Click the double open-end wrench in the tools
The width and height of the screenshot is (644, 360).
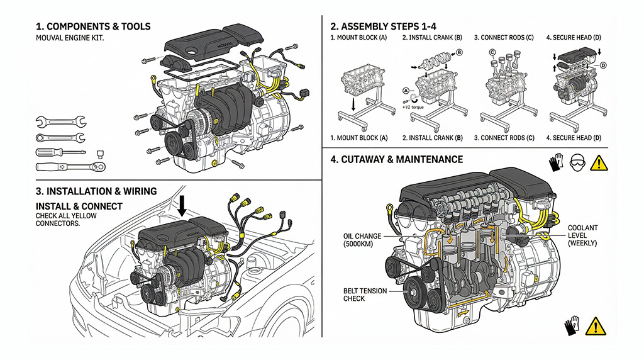(x=61, y=121)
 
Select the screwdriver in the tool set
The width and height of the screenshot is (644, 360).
(x=60, y=152)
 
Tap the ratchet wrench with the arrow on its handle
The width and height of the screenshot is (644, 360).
(x=70, y=167)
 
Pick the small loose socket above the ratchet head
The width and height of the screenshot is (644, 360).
(x=99, y=153)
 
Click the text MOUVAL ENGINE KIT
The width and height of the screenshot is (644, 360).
(x=69, y=38)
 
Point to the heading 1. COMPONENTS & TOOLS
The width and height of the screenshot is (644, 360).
(x=93, y=26)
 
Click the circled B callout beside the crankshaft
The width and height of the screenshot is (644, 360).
(x=459, y=53)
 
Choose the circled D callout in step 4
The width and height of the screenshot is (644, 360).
(x=602, y=65)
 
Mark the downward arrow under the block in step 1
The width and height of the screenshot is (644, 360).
(x=354, y=104)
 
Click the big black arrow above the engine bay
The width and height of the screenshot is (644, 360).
(x=182, y=205)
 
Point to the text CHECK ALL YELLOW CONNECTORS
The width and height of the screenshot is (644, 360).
(x=58, y=220)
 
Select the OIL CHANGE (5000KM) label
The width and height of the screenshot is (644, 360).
(x=362, y=240)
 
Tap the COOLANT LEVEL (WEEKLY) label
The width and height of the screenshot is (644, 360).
(x=582, y=235)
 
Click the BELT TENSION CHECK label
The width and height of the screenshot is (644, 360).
(x=362, y=295)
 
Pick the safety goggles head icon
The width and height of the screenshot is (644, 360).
(x=577, y=163)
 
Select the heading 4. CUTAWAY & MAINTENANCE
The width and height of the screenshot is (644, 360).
(x=396, y=160)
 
